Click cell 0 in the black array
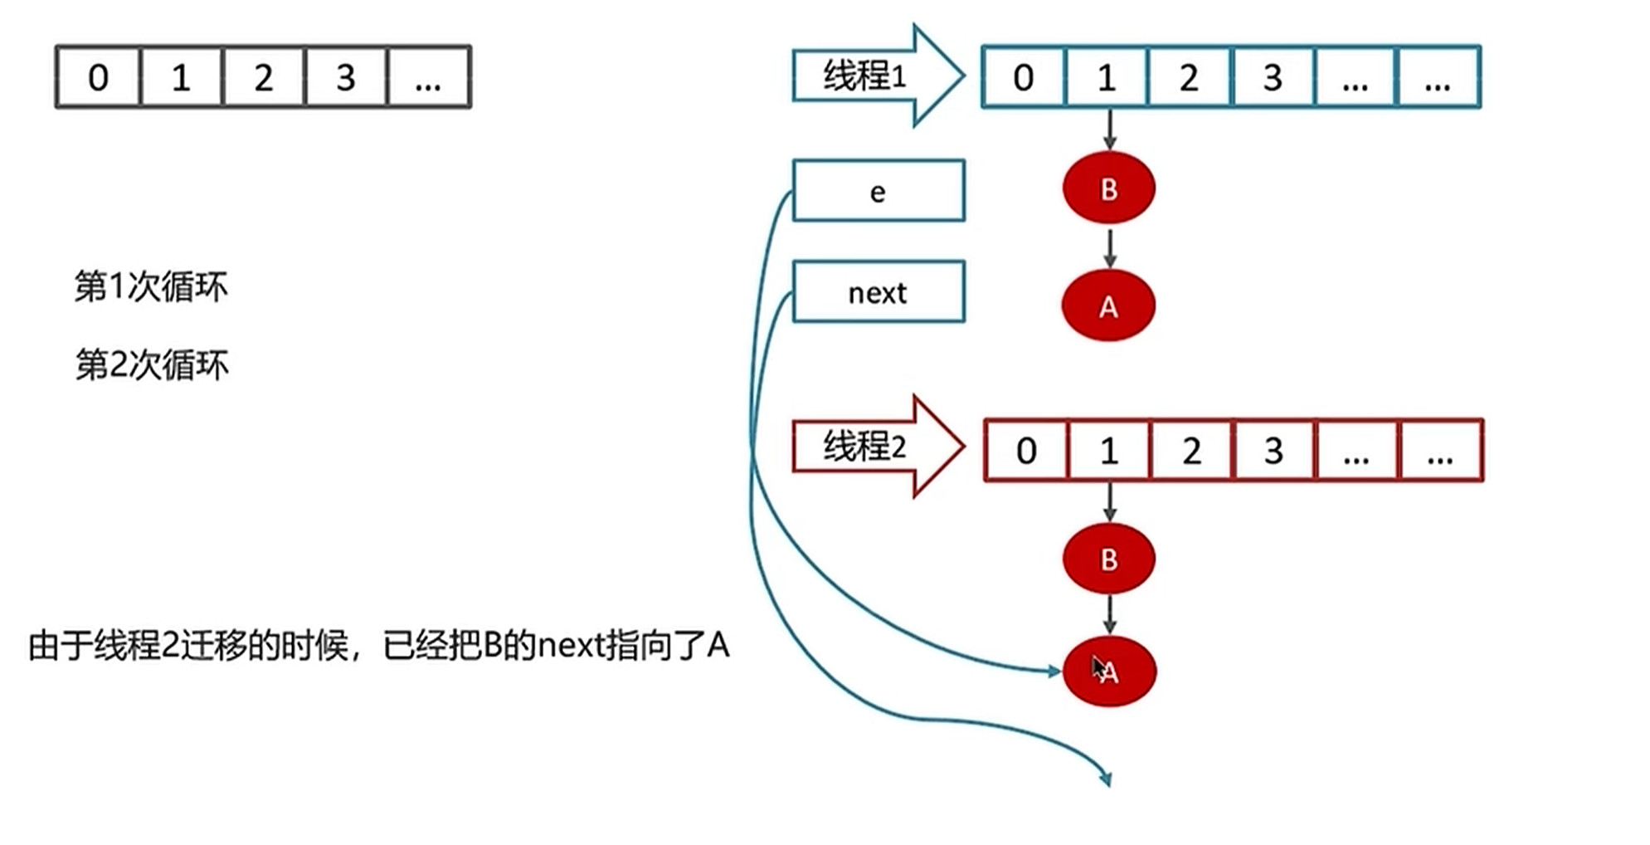point(98,78)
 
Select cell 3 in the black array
point(346,78)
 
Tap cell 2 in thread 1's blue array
point(1189,78)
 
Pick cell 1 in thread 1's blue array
point(1106,78)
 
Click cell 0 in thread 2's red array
point(1026,451)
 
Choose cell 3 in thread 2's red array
point(1273,451)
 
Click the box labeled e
point(878,192)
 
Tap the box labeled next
point(878,292)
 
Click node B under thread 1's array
point(1108,188)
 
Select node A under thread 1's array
point(1108,306)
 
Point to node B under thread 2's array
point(1108,559)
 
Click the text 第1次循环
point(151,287)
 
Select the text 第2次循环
point(152,365)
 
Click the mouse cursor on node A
point(1098,667)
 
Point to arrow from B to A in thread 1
point(1109,247)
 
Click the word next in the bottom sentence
point(572,646)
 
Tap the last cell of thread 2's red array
point(1440,451)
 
